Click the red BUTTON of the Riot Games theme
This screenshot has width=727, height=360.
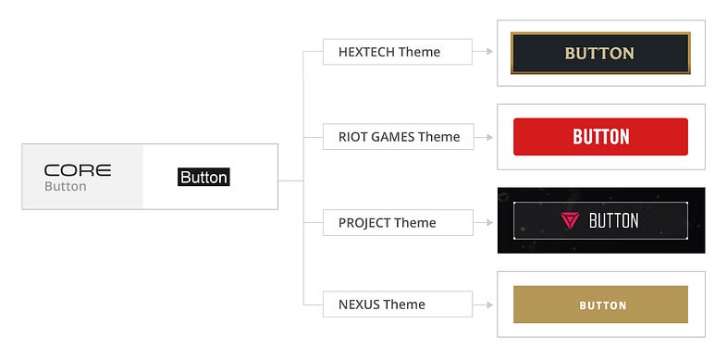(600, 137)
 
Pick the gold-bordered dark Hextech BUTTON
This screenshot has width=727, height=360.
(600, 53)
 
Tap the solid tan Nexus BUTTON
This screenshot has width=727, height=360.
(600, 304)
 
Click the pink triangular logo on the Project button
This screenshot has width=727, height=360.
(568, 220)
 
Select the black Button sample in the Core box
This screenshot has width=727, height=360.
(203, 177)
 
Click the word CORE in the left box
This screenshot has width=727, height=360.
(78, 170)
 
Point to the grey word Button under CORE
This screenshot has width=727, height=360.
(65, 186)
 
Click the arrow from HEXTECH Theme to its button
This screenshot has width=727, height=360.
(481, 52)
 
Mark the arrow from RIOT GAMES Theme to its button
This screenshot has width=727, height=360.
(481, 137)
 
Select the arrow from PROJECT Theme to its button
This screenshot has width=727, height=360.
(481, 222)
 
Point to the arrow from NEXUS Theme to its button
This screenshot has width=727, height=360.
(481, 304)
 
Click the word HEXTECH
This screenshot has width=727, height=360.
(366, 52)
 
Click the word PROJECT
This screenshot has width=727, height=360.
(364, 222)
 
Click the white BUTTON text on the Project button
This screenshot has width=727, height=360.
(613, 220)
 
